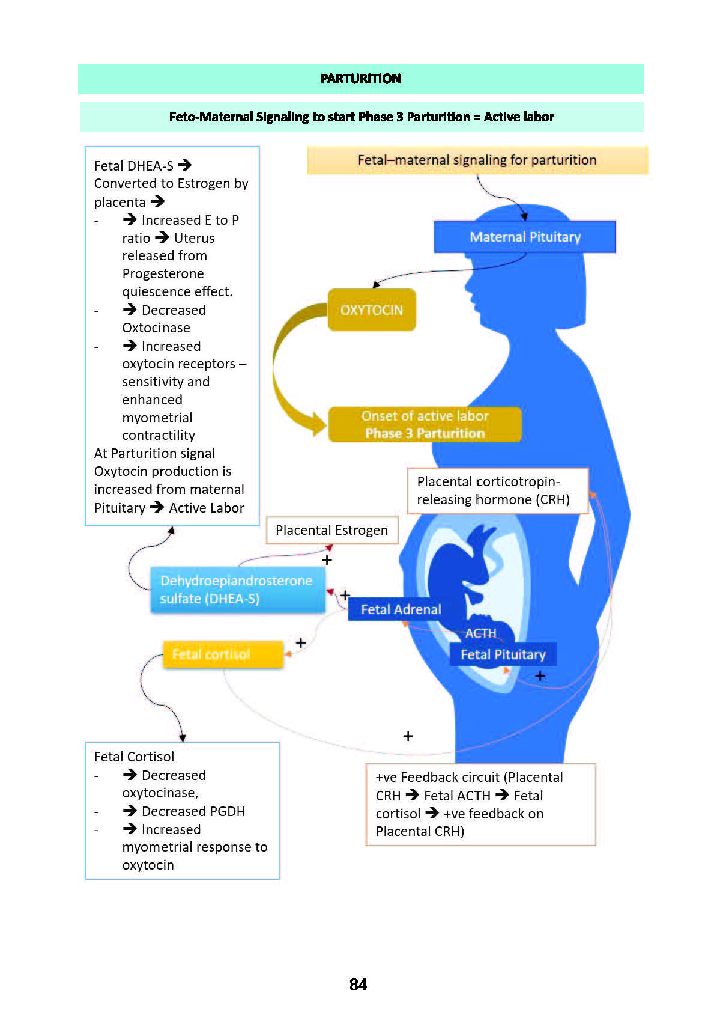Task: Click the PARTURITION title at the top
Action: click(x=360, y=79)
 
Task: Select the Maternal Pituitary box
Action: click(x=525, y=237)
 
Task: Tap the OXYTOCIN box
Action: click(x=372, y=310)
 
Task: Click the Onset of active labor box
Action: click(x=425, y=424)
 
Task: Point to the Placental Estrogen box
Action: click(x=331, y=530)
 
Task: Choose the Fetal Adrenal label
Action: click(x=401, y=609)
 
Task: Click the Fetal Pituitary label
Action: click(x=503, y=654)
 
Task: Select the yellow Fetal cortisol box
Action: click(x=223, y=654)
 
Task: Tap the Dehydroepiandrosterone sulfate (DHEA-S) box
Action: click(x=237, y=590)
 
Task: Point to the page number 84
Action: click(x=358, y=984)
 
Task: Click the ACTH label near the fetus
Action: click(x=481, y=633)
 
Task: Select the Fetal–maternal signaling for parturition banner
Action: click(x=477, y=160)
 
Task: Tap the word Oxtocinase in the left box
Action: click(x=156, y=328)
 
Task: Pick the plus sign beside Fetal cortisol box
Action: click(x=301, y=643)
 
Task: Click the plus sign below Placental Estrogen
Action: click(x=327, y=560)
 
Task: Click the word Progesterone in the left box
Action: click(x=163, y=274)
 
